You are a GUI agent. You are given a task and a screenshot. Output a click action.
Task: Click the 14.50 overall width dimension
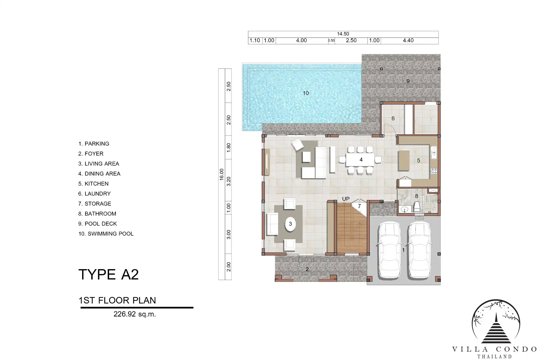pos(343,34)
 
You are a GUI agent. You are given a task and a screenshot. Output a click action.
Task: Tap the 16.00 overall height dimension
pos(222,174)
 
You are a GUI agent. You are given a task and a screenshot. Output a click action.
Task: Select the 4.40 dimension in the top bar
pos(408,40)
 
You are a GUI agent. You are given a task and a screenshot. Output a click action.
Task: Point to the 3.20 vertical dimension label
pos(229,181)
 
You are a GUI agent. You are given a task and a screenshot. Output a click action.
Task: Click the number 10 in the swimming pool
pos(306,93)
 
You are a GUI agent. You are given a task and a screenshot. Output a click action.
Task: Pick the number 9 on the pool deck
pos(408,81)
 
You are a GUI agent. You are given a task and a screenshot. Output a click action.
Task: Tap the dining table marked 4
pos(360,160)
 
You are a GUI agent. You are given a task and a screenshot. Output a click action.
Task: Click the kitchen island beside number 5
pos(404,161)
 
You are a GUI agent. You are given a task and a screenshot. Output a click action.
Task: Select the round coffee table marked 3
pos(291,224)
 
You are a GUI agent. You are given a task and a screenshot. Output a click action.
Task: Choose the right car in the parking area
pos(419,250)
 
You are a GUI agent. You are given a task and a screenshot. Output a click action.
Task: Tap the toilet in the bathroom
pos(417,207)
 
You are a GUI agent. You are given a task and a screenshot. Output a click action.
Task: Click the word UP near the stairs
pos(346,199)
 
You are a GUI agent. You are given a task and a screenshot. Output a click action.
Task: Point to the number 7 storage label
pos(359,206)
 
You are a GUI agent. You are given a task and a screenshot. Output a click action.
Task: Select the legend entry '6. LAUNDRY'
pos(94,194)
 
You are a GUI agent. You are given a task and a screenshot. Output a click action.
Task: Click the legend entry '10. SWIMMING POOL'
pos(106,234)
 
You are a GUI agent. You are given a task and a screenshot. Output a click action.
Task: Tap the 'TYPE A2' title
pos(109,274)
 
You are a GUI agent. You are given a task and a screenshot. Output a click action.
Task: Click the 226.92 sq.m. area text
pos(135,314)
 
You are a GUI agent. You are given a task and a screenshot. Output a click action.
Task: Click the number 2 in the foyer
pos(307,269)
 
